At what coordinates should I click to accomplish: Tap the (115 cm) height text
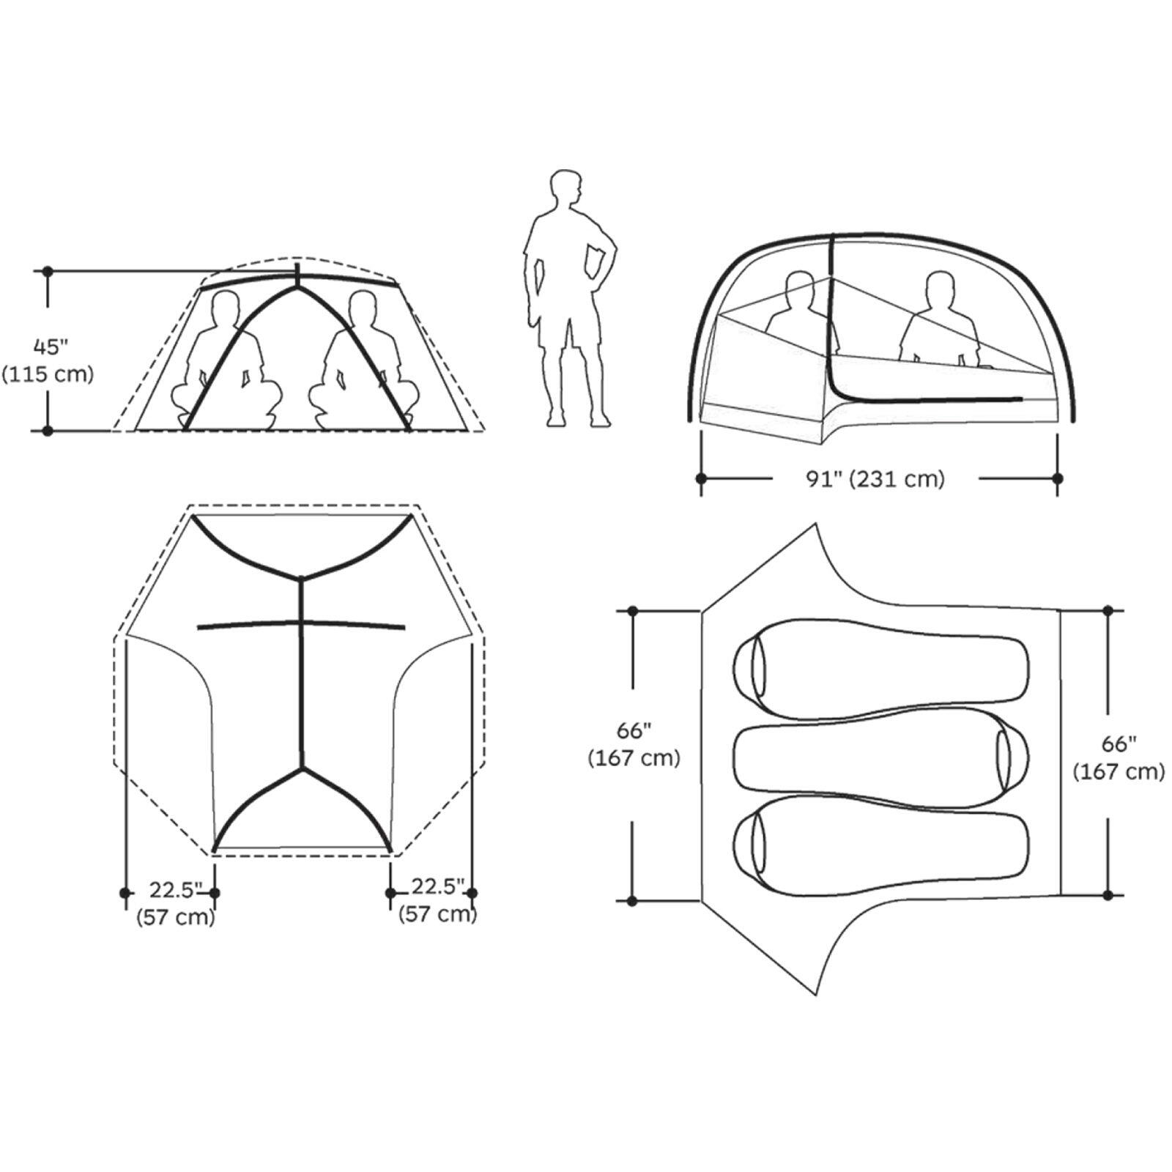coord(48,374)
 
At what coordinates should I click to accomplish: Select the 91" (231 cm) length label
coord(875,479)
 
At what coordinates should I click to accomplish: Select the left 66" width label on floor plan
coord(634,730)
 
